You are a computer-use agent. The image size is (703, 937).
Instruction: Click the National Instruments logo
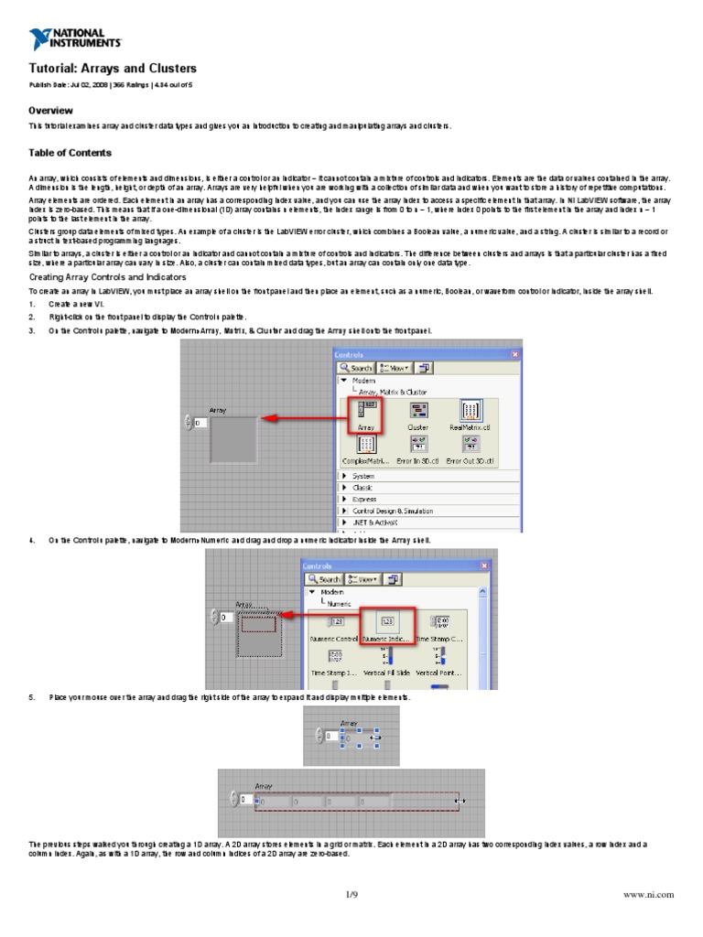click(x=74, y=38)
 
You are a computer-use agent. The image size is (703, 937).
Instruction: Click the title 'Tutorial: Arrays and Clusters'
click(x=113, y=69)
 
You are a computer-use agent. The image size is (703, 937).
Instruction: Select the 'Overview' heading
click(x=51, y=110)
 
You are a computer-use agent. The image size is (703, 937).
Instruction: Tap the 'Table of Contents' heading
click(x=70, y=153)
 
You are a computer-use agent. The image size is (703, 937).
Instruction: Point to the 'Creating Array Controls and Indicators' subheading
click(x=108, y=276)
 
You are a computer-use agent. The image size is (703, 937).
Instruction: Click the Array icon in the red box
click(x=365, y=415)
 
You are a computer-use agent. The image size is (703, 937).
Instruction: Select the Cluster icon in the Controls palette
click(x=417, y=415)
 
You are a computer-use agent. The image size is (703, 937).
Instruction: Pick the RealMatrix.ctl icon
click(x=470, y=415)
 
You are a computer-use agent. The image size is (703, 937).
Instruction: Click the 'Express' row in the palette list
click(x=363, y=500)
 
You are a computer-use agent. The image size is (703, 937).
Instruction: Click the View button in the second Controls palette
click(x=361, y=578)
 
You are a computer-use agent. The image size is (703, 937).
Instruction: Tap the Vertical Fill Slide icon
click(x=387, y=661)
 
